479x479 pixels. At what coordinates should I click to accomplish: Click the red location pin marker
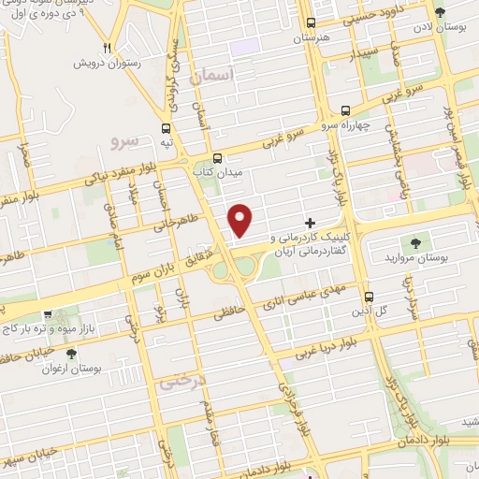point(241,219)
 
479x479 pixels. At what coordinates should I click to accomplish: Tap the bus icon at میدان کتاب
point(218,158)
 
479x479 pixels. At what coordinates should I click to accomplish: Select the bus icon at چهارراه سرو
point(346,109)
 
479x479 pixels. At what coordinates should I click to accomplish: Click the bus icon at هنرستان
point(312,23)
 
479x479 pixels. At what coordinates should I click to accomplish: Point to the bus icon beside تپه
point(167,129)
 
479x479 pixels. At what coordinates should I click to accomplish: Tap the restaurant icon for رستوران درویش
point(109,49)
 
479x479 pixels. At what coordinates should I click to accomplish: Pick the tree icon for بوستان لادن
point(439,13)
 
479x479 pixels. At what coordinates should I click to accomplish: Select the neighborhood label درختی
point(181,382)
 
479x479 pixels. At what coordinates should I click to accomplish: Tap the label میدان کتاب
point(225,173)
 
